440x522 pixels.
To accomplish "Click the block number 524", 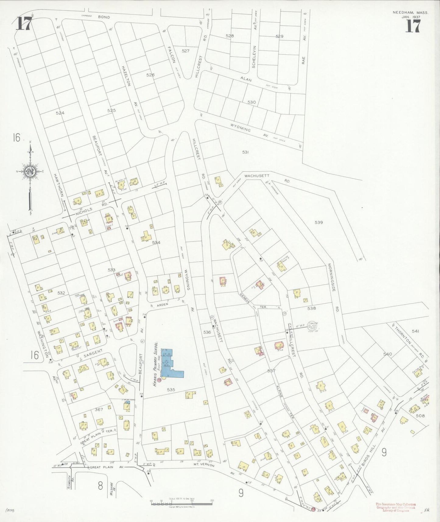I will [x=60, y=113].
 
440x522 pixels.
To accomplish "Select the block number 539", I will [x=319, y=223].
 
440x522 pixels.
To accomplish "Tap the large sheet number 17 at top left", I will [x=23, y=24].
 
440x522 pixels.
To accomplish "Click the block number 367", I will [x=99, y=409].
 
